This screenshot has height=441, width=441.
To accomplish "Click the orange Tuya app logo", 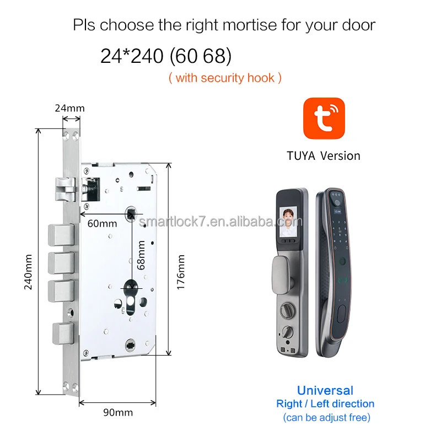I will point(324,119).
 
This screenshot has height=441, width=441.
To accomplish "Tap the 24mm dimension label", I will point(69,108).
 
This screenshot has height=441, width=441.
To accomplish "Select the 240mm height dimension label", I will point(29,271).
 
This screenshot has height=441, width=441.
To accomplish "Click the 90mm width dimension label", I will point(119,412).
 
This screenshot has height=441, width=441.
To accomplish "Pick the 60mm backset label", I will point(102,223).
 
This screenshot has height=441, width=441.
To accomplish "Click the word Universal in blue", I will point(325,390).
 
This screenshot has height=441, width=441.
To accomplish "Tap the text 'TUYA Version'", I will point(324,155).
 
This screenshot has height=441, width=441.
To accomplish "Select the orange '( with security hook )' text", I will point(225,78).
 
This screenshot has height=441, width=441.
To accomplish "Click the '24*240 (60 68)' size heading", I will point(166,56).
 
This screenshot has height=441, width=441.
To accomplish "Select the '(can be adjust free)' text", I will point(326,417).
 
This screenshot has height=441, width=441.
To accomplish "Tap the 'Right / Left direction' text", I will point(325,404).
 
